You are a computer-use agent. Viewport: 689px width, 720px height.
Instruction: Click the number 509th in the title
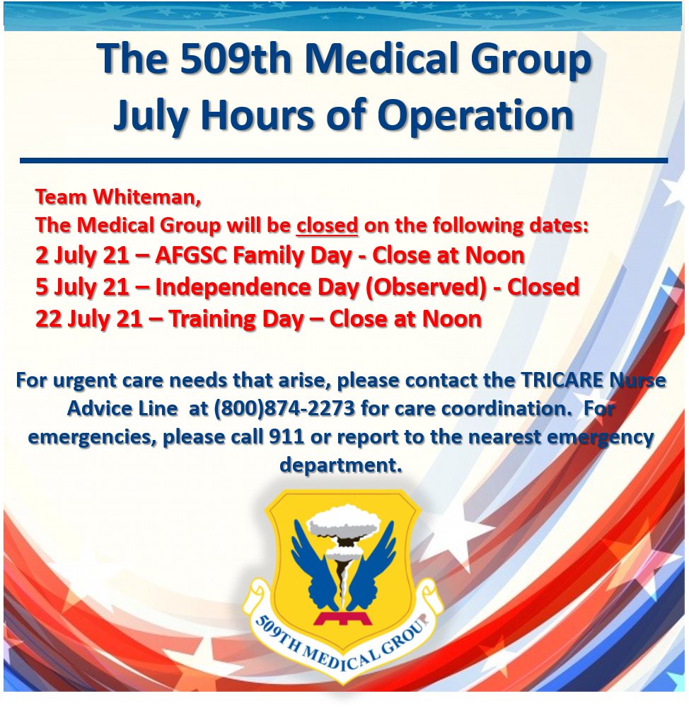coord(236,59)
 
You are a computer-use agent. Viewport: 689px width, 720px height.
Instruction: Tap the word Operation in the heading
coord(477,115)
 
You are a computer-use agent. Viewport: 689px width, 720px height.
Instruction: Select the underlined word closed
coord(327,225)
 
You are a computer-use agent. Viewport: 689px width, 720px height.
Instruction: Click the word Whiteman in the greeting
coord(147,197)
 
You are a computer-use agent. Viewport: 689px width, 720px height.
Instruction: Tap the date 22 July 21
coord(88,319)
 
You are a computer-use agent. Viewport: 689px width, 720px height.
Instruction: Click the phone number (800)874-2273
coord(284,408)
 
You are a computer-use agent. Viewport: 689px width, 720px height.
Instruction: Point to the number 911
coord(286,436)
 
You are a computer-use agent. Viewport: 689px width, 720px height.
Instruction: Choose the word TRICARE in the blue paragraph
coord(562,381)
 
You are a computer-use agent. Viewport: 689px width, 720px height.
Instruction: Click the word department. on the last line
coord(341,465)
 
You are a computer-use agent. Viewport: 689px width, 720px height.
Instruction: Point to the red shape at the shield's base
coord(343,617)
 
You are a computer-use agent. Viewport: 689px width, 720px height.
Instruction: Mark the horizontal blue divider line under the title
coord(344,161)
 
